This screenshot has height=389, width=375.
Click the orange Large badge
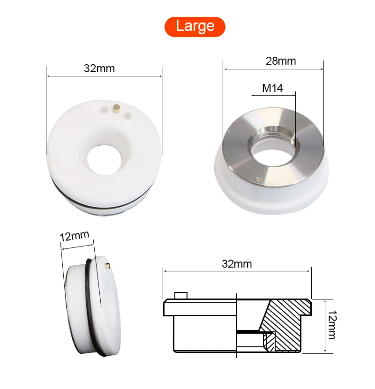tap(195, 27)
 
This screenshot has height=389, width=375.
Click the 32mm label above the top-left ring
tap(99, 68)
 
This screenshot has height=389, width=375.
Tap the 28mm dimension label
tap(281, 61)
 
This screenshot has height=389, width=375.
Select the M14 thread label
tap(272, 88)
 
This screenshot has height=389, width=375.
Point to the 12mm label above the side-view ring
tap(75, 236)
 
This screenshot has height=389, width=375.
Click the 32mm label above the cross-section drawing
tap(237, 264)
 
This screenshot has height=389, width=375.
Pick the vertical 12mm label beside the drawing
tap(332, 324)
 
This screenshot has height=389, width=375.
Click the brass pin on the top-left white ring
tap(116, 108)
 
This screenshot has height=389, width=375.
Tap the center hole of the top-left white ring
tap(104, 160)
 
